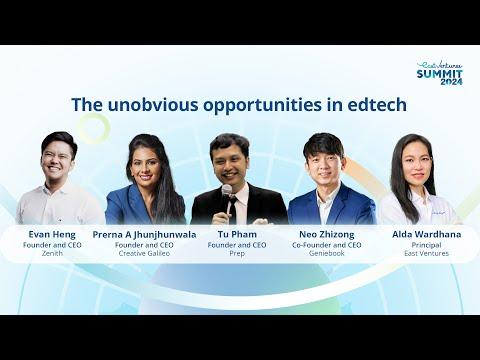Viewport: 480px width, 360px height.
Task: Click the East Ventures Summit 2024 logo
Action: [440, 73]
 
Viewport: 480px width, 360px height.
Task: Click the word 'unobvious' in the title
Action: [153, 104]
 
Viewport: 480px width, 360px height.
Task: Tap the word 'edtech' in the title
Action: [377, 104]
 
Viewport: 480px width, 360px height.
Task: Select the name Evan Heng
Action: [52, 234]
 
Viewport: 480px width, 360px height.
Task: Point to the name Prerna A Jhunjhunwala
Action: [144, 235]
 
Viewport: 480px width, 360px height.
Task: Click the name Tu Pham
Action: [237, 234]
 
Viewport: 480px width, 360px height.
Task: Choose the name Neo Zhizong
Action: [327, 235]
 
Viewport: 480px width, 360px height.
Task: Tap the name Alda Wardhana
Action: [427, 234]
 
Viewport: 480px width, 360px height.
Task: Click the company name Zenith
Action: [52, 253]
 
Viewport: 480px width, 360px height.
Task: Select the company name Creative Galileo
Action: [144, 253]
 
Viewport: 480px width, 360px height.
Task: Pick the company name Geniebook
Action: [327, 253]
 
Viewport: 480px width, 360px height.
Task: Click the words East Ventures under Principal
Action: [427, 253]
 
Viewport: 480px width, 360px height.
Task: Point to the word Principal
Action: [427, 245]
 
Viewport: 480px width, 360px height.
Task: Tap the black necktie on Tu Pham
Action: [233, 208]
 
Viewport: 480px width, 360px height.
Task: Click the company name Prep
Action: [237, 253]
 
